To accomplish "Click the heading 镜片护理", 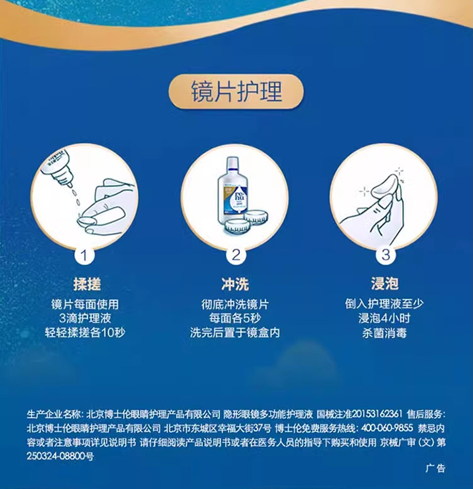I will point(236,91).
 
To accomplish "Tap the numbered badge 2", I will point(236,254).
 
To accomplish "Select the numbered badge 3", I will point(386,254).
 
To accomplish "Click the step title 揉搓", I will point(87,284).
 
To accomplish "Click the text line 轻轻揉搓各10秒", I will point(87,333).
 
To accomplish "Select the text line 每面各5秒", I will point(235,318).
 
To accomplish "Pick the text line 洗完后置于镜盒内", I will point(235,333).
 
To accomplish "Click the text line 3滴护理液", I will point(87,318).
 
